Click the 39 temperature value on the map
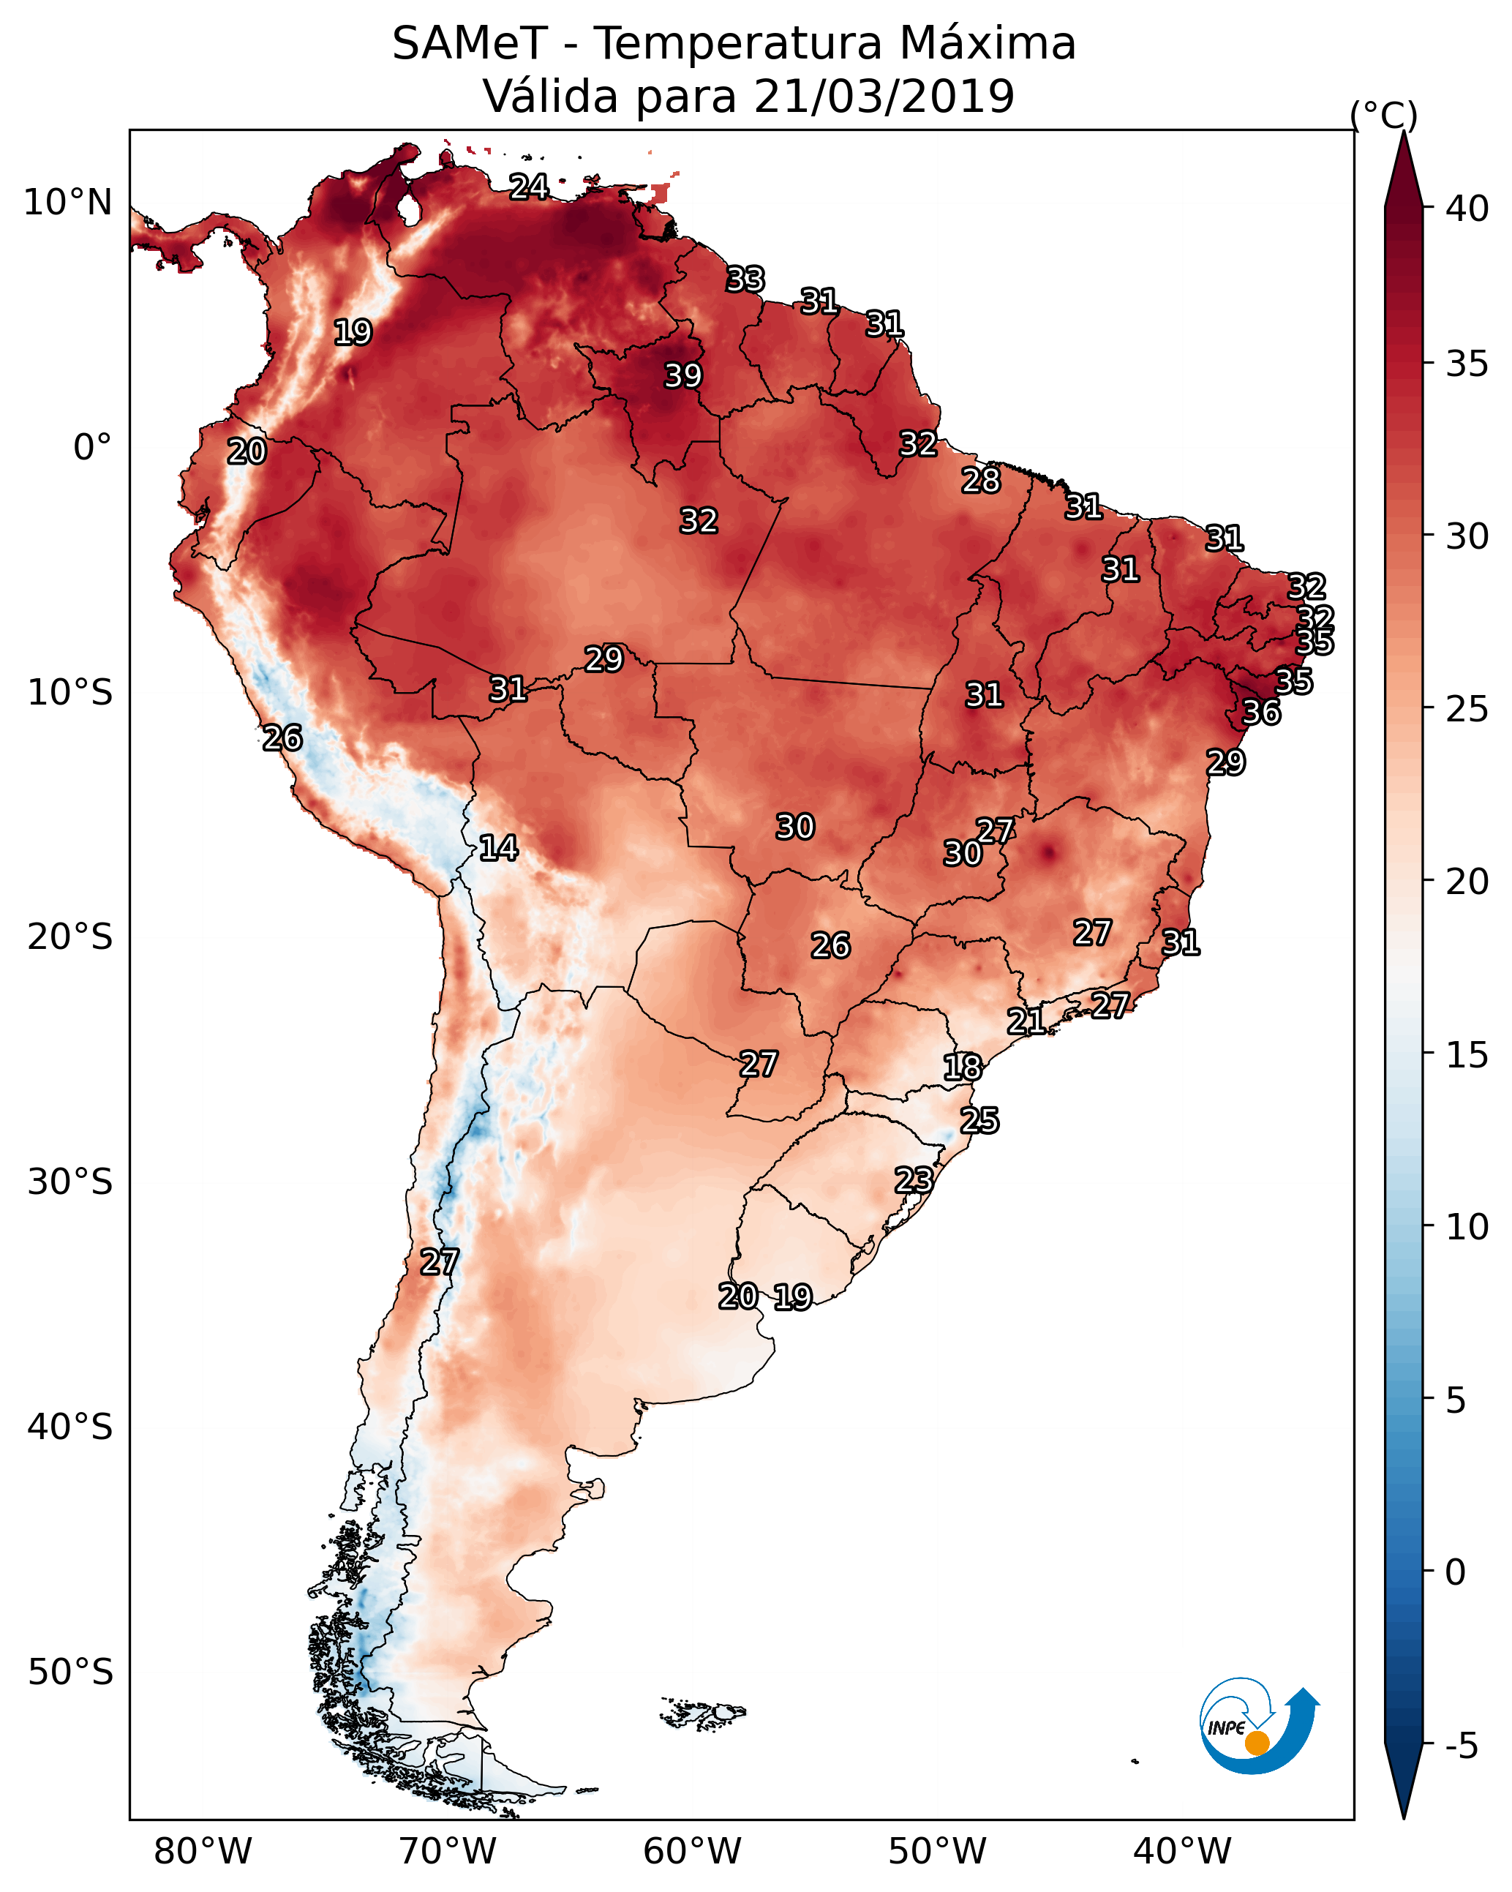(x=682, y=375)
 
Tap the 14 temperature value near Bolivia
(x=497, y=848)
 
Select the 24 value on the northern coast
(x=529, y=186)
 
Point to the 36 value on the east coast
(x=1261, y=713)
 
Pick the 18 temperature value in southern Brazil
(x=962, y=1067)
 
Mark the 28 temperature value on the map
(x=980, y=480)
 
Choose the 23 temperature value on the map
(x=914, y=1179)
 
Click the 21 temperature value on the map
(x=1026, y=1021)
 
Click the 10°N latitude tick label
(x=67, y=203)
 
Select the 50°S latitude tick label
(x=70, y=1673)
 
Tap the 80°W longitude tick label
(x=203, y=1851)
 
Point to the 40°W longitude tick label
(x=1182, y=1851)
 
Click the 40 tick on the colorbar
(x=1467, y=209)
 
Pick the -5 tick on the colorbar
(x=1461, y=1746)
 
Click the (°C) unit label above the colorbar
(x=1384, y=115)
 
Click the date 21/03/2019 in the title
(x=884, y=96)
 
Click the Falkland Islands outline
(x=703, y=1712)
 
